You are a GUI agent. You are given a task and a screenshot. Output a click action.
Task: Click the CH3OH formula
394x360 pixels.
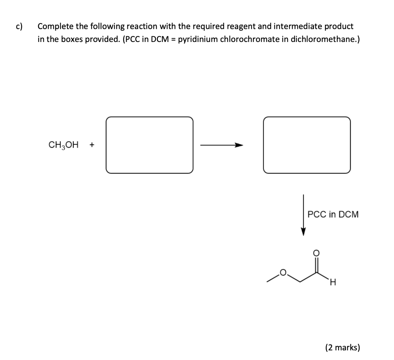tap(63, 145)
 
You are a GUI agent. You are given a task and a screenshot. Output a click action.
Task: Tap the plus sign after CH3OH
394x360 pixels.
tap(92, 145)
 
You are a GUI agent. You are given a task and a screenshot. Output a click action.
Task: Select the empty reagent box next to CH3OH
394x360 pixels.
tap(150, 145)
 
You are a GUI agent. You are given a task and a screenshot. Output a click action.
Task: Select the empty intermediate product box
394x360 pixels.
tap(307, 145)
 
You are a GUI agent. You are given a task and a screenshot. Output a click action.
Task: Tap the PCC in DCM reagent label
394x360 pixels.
tap(333, 214)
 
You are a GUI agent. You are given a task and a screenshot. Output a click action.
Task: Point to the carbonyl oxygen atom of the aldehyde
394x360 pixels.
tap(316, 253)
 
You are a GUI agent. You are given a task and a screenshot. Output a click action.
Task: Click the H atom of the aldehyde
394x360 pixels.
tap(333, 284)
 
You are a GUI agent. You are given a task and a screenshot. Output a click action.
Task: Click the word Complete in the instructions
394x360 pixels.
tap(53, 27)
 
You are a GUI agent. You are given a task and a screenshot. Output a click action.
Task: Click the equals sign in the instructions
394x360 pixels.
tap(171, 39)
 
